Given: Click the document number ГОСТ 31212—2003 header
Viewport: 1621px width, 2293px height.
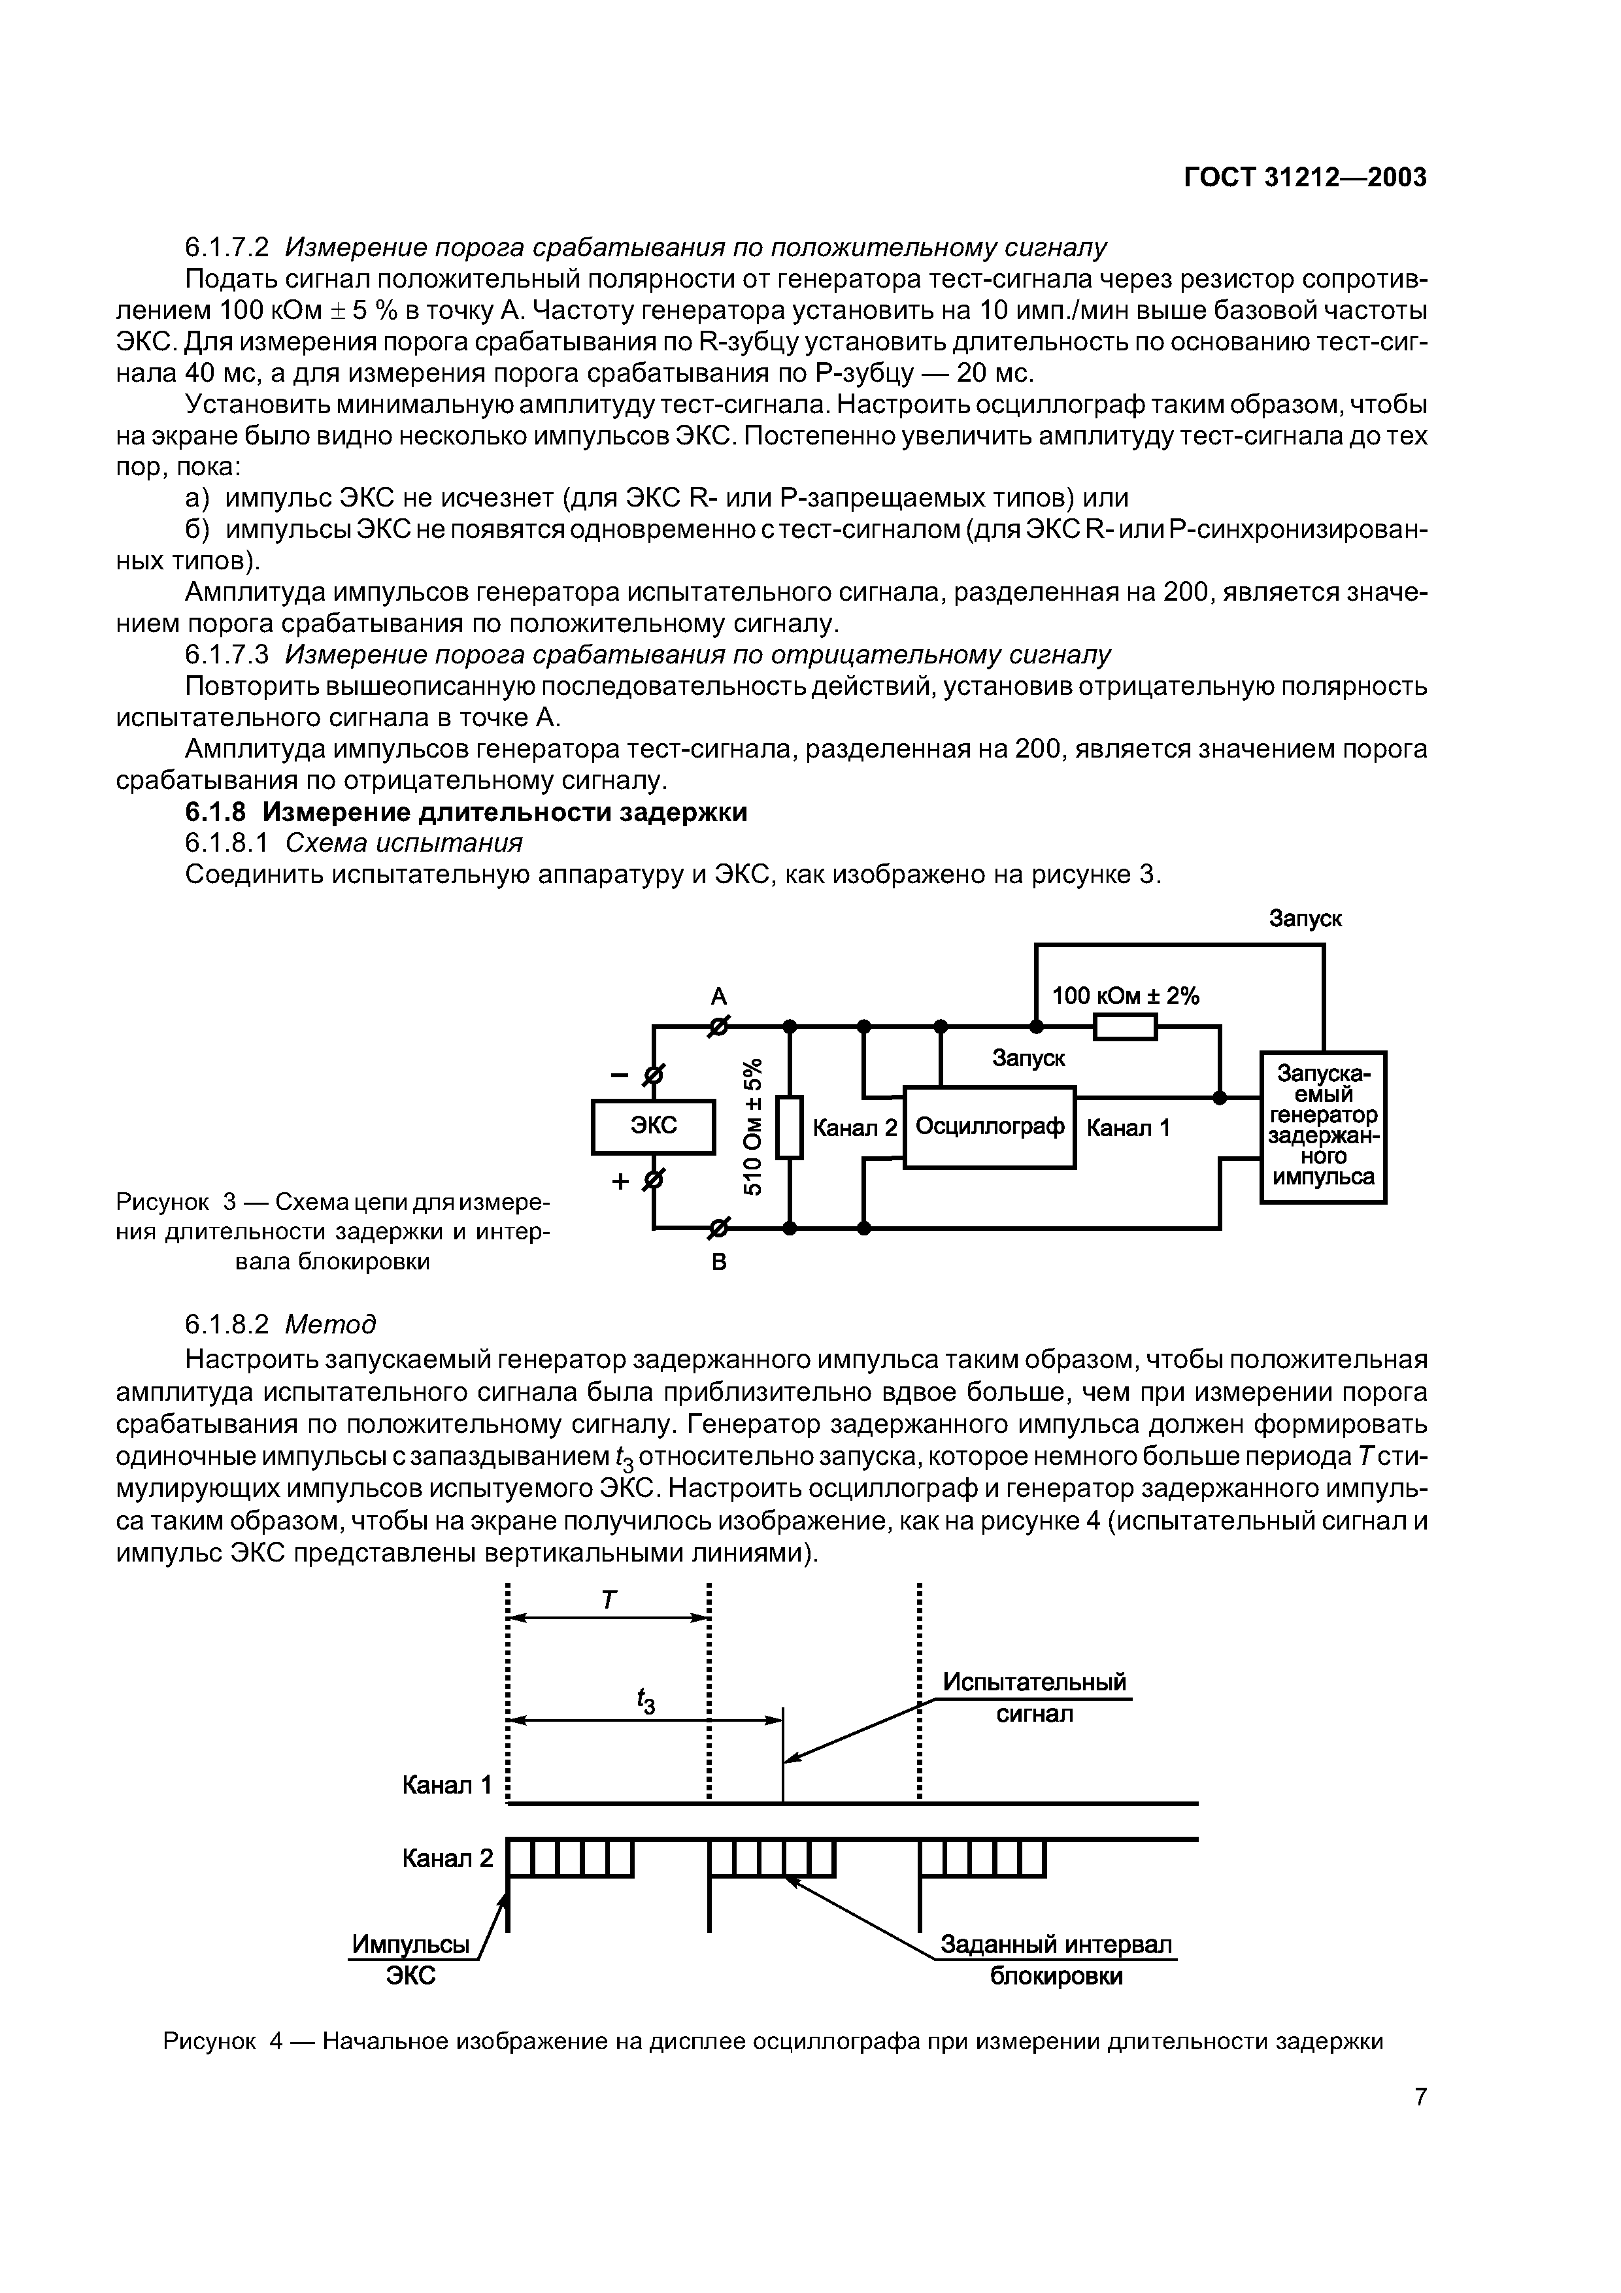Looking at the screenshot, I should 1305,178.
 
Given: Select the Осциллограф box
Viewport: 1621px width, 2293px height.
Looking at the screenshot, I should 989,1126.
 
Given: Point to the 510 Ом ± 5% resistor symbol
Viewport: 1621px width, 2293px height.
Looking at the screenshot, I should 790,1126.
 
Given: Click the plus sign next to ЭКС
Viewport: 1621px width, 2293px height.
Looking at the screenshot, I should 620,1181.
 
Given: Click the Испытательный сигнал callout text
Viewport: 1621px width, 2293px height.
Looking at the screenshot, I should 1035,1698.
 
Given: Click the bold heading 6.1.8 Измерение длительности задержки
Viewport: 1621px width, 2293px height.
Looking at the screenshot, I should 467,812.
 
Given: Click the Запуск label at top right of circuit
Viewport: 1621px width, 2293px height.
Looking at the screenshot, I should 1305,918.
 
